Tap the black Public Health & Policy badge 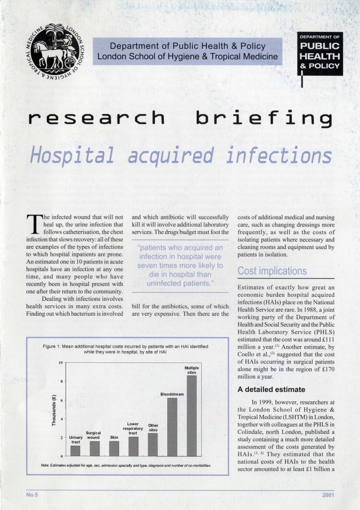(320, 54)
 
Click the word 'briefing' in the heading (263, 118)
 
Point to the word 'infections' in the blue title (278, 155)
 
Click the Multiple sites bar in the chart (191, 415)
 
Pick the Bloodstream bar (172, 426)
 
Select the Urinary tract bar (75, 450)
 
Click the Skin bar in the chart (114, 448)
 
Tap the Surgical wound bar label (94, 436)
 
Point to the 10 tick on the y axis (60, 362)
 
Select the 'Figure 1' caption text (124, 348)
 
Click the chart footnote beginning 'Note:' (124, 465)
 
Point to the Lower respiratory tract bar (133, 446)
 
